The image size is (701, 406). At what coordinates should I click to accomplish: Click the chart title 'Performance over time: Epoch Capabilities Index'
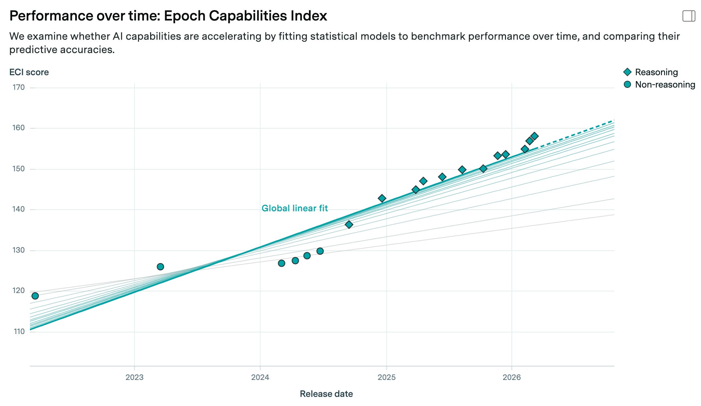coord(168,16)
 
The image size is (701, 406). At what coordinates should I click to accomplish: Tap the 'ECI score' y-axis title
coord(29,72)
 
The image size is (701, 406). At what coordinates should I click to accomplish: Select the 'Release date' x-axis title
coord(326,394)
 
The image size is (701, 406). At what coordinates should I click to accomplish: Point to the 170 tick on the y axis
coord(19,87)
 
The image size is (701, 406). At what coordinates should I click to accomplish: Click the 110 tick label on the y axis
coord(19,331)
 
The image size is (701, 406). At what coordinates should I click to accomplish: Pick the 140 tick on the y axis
coord(19,209)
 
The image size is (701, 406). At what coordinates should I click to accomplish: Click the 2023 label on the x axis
coord(134,377)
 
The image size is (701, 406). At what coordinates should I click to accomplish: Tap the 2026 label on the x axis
coord(512,377)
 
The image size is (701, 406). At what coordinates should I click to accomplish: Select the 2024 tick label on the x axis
coord(260,377)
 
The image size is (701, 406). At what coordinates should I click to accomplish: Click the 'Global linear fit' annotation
coord(295,208)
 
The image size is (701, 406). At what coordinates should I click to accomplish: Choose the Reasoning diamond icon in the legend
coord(627,72)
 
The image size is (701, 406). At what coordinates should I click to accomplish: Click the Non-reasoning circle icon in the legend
coord(627,84)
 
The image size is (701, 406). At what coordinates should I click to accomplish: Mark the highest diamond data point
coord(534,136)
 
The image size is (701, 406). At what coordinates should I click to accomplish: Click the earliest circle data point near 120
coord(35,296)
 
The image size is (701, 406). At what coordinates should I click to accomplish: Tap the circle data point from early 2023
coord(160,267)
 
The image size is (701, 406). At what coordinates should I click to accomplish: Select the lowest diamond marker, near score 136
coord(349,224)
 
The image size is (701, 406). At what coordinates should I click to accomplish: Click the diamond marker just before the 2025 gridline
coord(382,198)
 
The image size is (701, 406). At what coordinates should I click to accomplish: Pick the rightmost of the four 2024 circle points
coord(320,251)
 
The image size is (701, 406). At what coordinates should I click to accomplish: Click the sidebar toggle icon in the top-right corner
coord(689,16)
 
